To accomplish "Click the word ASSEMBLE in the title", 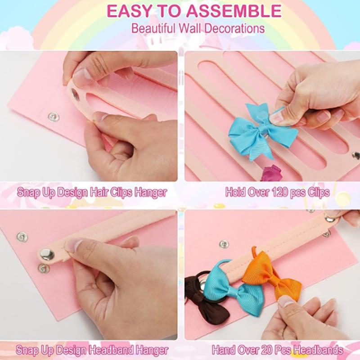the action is coord(234,11).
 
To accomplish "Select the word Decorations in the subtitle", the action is coord(234,28).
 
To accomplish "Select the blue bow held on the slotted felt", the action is coord(262,131).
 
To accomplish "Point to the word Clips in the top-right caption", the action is coord(319,192).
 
